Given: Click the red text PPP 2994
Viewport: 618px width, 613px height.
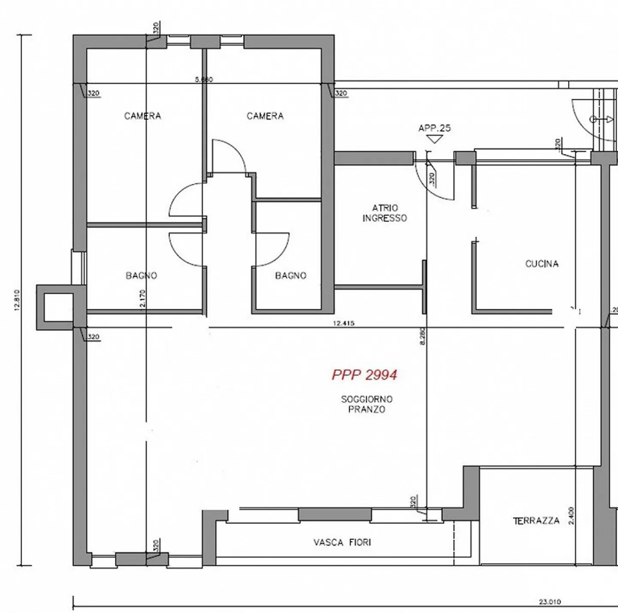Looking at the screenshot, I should tap(364, 375).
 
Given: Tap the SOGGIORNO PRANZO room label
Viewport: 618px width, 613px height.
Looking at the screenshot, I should tap(367, 404).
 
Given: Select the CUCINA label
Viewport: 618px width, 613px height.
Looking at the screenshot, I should tap(542, 264).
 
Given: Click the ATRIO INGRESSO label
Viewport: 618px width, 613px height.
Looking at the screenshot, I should tap(385, 213).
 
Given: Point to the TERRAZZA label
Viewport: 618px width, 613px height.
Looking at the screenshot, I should tap(536, 521).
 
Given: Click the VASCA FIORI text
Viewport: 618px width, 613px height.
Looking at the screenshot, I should tap(342, 543).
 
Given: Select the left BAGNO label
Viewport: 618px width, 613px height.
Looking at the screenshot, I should tap(141, 275).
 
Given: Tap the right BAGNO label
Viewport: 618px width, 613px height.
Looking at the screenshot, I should tap(291, 275).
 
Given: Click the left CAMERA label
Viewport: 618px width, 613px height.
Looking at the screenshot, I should tap(142, 116).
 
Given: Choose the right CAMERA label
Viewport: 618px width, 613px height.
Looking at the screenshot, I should tap(265, 116).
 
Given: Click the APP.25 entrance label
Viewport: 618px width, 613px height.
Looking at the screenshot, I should tap(435, 128).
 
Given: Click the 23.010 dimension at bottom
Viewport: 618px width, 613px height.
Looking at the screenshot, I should tap(550, 602).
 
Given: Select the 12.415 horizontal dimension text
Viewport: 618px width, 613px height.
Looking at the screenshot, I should tap(343, 323).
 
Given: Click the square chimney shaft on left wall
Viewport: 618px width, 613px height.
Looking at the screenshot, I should tap(55, 307).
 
